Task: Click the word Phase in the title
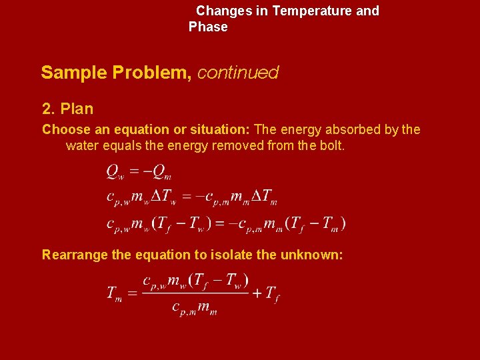(x=208, y=27)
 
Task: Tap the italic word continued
(x=238, y=73)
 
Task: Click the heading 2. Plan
(x=67, y=109)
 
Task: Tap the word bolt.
(x=331, y=145)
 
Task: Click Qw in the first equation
(x=115, y=172)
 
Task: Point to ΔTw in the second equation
(x=163, y=197)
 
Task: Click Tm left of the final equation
(x=114, y=293)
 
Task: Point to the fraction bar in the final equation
(x=195, y=293)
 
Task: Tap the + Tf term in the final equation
(x=265, y=293)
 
